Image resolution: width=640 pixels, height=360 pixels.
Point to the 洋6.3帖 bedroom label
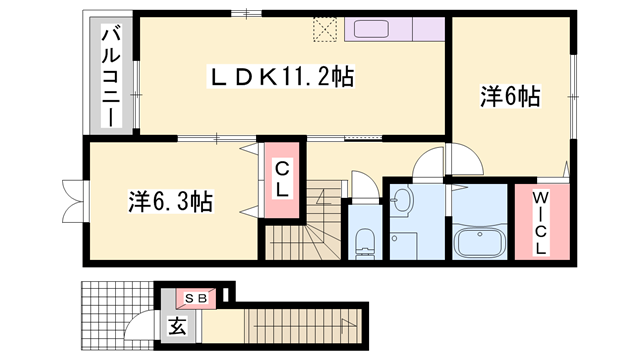click(169, 200)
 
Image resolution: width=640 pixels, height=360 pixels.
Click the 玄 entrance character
click(176, 326)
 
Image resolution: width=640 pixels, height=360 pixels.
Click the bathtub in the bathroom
click(479, 242)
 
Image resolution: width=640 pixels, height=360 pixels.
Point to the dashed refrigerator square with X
click(326, 28)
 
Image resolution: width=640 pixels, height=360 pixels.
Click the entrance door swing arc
click(138, 329)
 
